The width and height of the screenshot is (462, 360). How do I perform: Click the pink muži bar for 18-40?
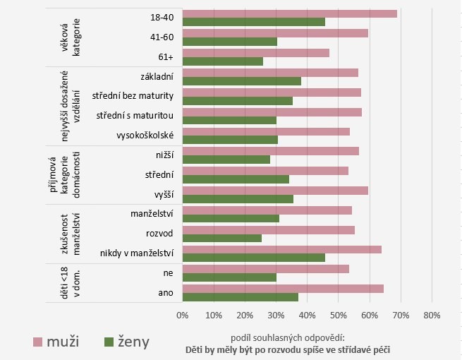click(x=289, y=13)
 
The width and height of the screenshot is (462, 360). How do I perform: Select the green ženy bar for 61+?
click(x=223, y=61)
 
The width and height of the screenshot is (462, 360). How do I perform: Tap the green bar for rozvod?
click(x=222, y=238)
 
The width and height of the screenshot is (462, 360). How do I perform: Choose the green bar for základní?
click(x=242, y=80)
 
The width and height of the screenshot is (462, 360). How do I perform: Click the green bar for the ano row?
click(x=241, y=296)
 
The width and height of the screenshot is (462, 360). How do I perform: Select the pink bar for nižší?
click(x=271, y=150)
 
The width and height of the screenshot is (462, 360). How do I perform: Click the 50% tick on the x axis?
click(x=339, y=315)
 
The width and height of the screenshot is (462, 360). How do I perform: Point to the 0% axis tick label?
click(x=183, y=315)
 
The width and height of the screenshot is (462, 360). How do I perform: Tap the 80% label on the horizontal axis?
click(x=432, y=315)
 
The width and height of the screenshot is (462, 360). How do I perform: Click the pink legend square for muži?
click(x=39, y=342)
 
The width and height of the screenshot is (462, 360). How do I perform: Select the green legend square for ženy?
click(x=109, y=342)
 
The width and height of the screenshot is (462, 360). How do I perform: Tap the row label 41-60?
click(x=163, y=35)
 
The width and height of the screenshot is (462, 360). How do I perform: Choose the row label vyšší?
click(x=163, y=192)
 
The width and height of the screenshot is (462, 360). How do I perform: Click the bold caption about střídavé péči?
click(x=287, y=349)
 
